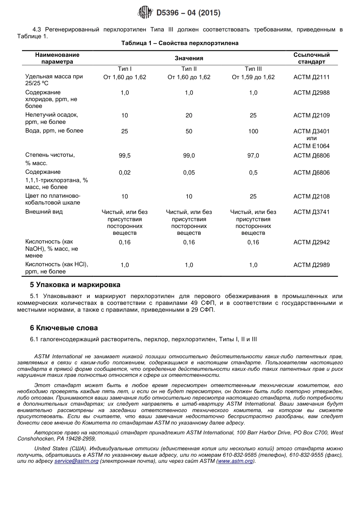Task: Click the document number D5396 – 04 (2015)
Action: point(188,13)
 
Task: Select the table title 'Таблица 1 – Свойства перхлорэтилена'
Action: point(180,43)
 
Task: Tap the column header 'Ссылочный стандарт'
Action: point(311,58)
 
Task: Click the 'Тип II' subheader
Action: point(189,69)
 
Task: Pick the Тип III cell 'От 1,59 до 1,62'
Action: point(253,77)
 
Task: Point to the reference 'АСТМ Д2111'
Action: point(311,77)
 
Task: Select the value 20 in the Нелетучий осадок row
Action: point(189,116)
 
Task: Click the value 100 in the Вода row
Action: point(253,131)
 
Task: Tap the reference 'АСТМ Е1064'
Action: point(311,146)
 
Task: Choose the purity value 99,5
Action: point(125,156)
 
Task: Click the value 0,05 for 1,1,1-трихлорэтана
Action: point(189,173)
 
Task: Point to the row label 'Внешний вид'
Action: point(44,212)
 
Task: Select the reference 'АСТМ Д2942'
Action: point(311,242)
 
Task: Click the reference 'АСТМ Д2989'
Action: point(311,265)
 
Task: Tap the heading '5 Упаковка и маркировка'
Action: point(75,285)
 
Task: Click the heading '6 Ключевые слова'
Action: point(64,328)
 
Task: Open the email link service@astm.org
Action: point(76,461)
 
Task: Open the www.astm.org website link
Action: point(235,461)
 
